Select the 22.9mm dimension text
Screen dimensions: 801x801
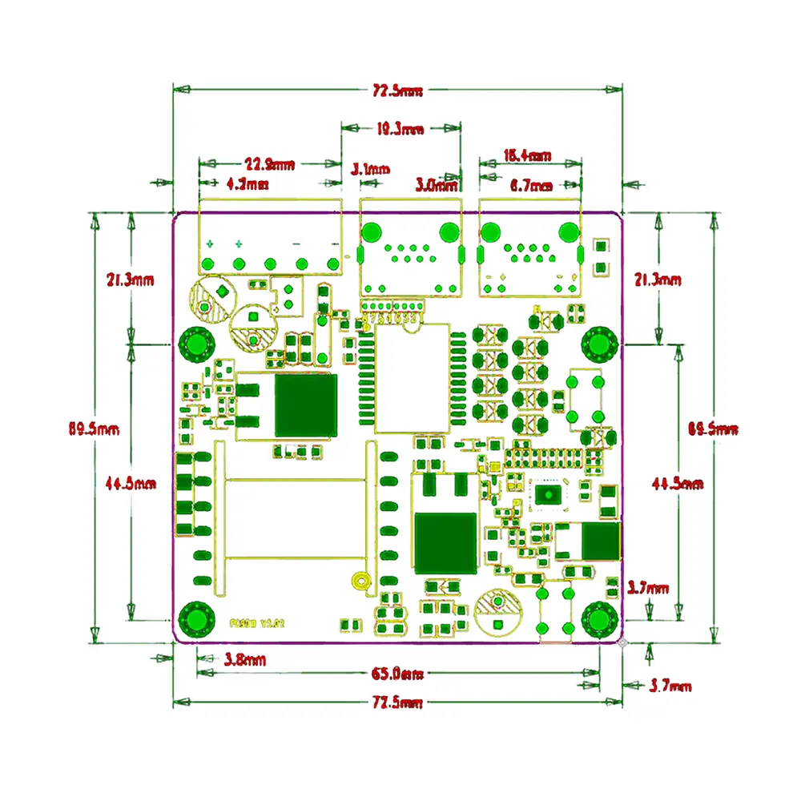point(269,165)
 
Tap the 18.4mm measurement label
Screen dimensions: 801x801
point(526,155)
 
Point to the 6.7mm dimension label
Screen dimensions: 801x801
point(530,186)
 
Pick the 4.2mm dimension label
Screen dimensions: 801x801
point(248,184)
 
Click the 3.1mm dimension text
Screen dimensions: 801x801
point(371,169)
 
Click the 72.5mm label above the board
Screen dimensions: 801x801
point(397,91)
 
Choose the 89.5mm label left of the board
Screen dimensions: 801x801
point(94,429)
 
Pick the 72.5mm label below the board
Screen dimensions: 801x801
point(397,702)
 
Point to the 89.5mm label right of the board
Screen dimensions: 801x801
point(714,429)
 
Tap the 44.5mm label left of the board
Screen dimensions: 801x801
point(131,483)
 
